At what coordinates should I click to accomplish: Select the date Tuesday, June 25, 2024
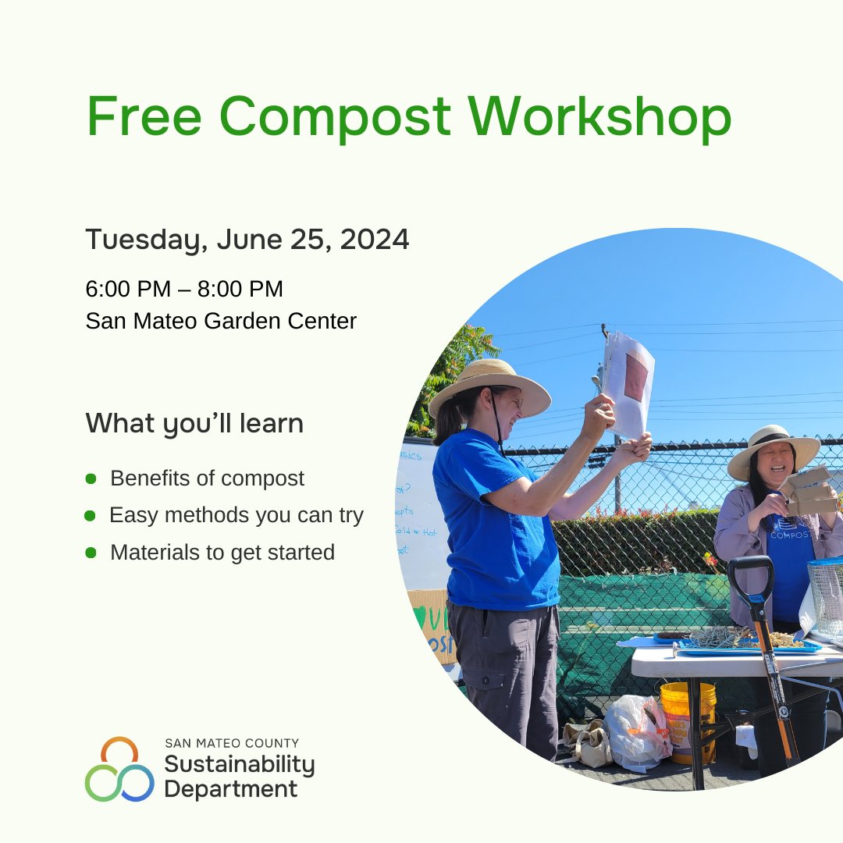tap(247, 240)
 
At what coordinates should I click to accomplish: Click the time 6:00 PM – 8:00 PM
tap(184, 289)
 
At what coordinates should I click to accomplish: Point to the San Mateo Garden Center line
tap(221, 321)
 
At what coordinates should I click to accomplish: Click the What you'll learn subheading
tap(194, 423)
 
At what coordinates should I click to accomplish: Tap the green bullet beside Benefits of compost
tap(91, 478)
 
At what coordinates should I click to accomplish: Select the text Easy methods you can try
tap(236, 515)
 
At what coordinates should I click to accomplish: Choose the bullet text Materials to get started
tap(222, 553)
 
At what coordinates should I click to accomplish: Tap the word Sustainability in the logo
tap(239, 764)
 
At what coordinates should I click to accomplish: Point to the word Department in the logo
tap(230, 788)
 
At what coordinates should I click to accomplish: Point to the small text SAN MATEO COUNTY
tap(231, 743)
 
